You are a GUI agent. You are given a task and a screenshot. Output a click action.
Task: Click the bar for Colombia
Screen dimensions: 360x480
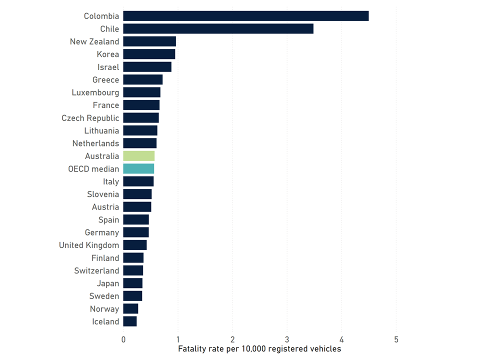[x=245, y=16]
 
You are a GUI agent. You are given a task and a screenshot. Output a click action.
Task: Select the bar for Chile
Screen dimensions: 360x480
[x=218, y=29]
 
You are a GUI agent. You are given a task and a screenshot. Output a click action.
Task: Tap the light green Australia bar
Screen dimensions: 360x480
[x=138, y=156]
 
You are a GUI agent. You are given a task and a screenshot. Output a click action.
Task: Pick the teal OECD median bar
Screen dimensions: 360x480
[x=138, y=169]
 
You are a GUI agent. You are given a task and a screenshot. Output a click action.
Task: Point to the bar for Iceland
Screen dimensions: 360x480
[x=130, y=321]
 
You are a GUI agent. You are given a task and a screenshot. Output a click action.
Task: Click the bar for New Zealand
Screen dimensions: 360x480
[x=149, y=41]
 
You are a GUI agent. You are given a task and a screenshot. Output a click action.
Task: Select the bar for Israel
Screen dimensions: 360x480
[x=147, y=67]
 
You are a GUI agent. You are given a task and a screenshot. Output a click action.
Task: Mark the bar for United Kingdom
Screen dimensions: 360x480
[x=135, y=245]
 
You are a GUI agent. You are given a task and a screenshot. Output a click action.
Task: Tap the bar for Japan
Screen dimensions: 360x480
[x=133, y=283]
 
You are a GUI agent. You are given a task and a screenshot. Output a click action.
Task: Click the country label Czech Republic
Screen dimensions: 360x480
[x=90, y=118]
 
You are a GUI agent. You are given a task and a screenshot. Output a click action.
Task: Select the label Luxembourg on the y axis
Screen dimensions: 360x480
[x=95, y=92]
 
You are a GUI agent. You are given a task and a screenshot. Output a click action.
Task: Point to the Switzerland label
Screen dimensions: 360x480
[x=96, y=270]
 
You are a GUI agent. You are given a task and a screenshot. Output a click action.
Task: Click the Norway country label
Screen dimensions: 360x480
[x=104, y=309]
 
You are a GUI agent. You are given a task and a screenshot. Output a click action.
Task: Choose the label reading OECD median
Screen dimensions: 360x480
[x=93, y=169]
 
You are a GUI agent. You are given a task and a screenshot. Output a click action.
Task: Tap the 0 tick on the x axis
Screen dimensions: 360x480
[x=123, y=339]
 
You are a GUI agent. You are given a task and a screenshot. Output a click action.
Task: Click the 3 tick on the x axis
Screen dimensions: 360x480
[x=287, y=339]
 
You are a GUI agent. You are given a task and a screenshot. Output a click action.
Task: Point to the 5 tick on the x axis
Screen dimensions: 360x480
[x=396, y=339]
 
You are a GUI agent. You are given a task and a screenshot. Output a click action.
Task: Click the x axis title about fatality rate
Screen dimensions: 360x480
[x=259, y=349]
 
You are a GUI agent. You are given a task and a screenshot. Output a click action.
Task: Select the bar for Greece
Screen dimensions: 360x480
[x=142, y=79]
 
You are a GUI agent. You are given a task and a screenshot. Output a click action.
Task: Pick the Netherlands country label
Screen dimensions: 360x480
[x=95, y=143]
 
